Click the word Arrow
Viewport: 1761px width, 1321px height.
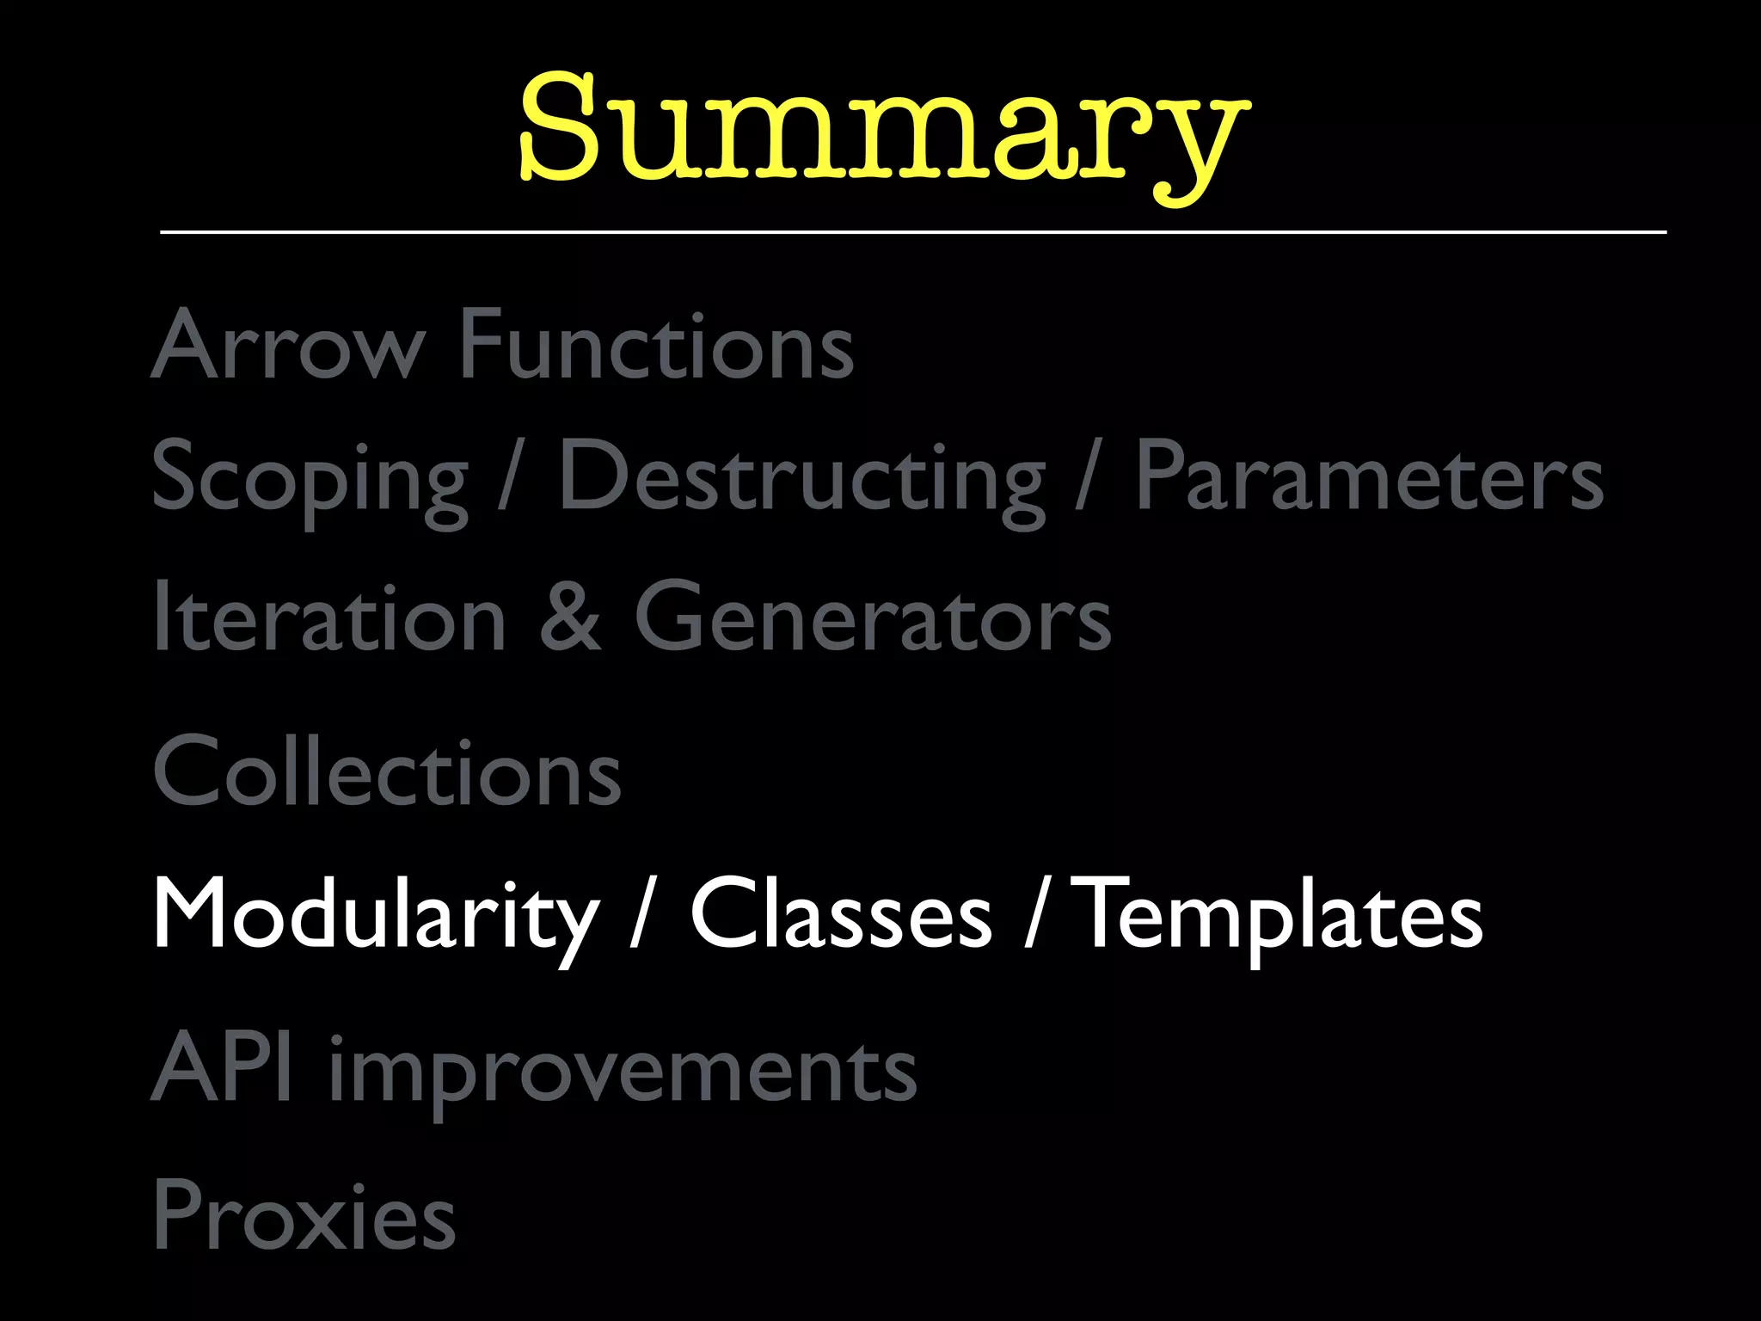[x=288, y=345]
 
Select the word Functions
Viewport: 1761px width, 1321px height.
[x=657, y=345]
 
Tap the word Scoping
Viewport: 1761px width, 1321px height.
[x=310, y=478]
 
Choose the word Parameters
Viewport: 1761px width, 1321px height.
[x=1369, y=478]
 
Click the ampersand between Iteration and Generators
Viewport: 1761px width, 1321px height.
[x=570, y=617]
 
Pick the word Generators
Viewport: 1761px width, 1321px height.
[x=873, y=617]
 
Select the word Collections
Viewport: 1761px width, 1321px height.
[x=387, y=771]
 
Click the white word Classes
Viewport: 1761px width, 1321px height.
[x=841, y=915]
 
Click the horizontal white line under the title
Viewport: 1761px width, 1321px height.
[x=913, y=232]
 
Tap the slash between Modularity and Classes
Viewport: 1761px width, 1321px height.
[x=640, y=913]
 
